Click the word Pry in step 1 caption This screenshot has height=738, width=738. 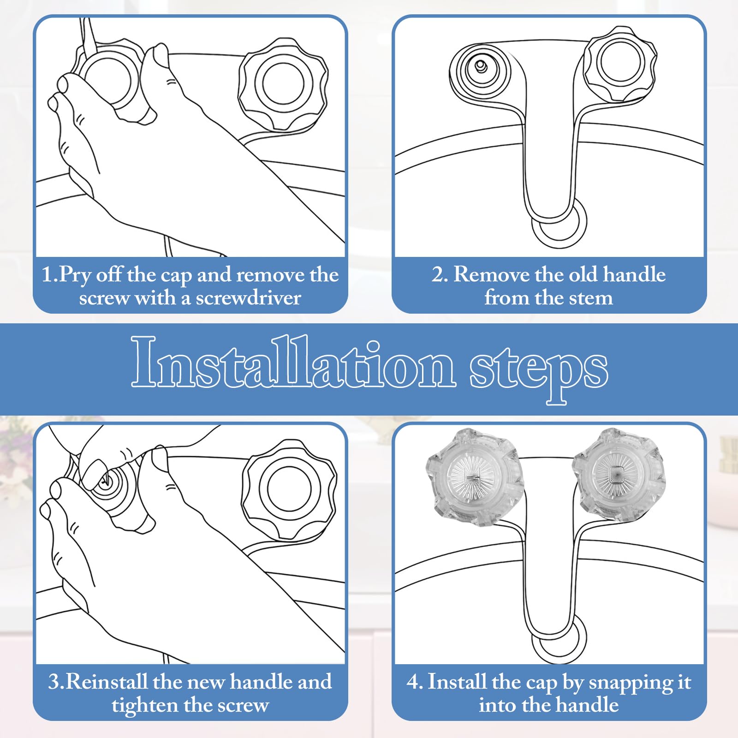pos(75,276)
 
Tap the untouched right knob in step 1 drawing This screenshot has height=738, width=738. pos(283,84)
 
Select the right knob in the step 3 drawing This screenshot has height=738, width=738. pos(289,490)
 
